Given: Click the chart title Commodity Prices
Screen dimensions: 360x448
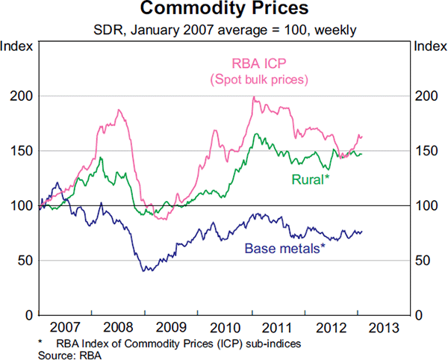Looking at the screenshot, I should tap(223, 10).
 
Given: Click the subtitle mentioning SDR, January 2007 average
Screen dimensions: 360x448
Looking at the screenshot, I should tap(223, 30).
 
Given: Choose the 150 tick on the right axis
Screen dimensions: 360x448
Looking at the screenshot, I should tap(426, 151).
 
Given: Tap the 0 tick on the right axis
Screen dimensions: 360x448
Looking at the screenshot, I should tap(420, 314).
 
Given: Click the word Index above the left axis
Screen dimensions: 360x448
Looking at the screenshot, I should tap(17, 46).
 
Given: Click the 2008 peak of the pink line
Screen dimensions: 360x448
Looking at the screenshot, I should tap(119, 110).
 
